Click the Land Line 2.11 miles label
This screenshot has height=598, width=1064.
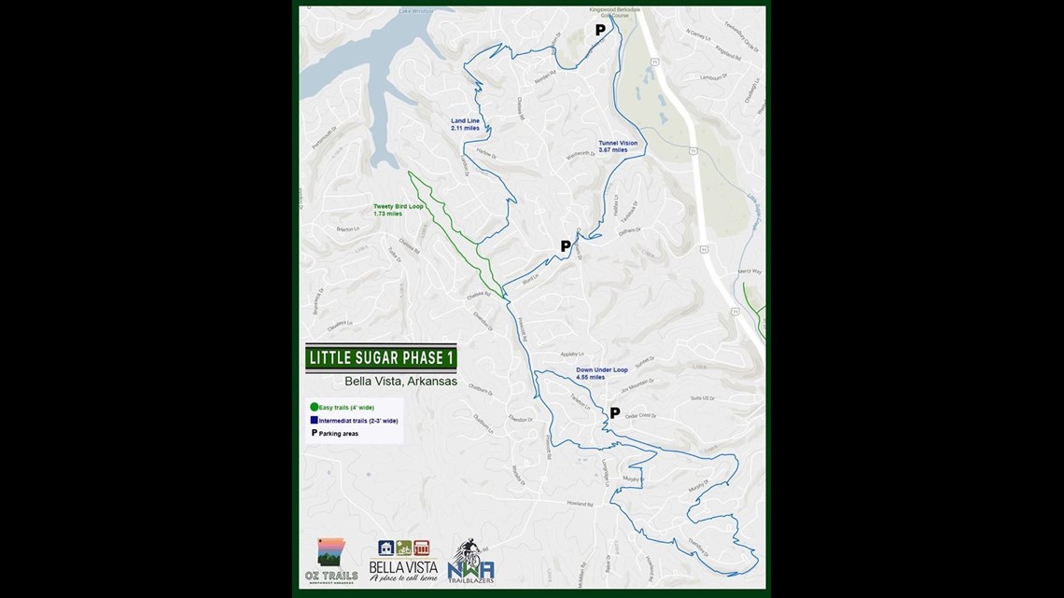pyautogui.click(x=465, y=124)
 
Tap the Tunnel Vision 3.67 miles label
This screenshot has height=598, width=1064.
pyautogui.click(x=618, y=146)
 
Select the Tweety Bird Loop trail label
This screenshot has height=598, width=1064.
pyautogui.click(x=399, y=210)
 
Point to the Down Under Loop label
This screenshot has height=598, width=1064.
pyautogui.click(x=602, y=373)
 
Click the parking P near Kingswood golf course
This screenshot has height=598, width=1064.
pyautogui.click(x=600, y=30)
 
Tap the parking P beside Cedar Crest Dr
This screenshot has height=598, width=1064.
pyautogui.click(x=614, y=412)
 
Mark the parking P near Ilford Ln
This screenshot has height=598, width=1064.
pyautogui.click(x=565, y=246)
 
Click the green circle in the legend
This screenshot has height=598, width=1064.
pyautogui.click(x=315, y=407)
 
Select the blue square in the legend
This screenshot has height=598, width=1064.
pyautogui.click(x=315, y=420)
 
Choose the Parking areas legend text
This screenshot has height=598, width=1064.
pyautogui.click(x=338, y=433)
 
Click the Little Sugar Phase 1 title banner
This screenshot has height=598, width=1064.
pyautogui.click(x=381, y=358)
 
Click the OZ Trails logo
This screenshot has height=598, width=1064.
pyautogui.click(x=331, y=559)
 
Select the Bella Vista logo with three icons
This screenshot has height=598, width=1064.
pyautogui.click(x=403, y=561)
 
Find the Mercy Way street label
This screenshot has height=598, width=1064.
pyautogui.click(x=749, y=271)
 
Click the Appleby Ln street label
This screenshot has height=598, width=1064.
pyautogui.click(x=571, y=355)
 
